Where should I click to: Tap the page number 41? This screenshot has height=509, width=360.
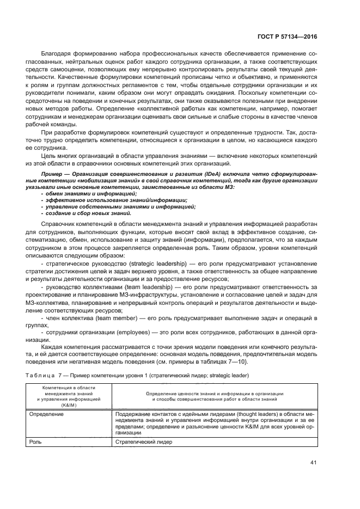[313, 463]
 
